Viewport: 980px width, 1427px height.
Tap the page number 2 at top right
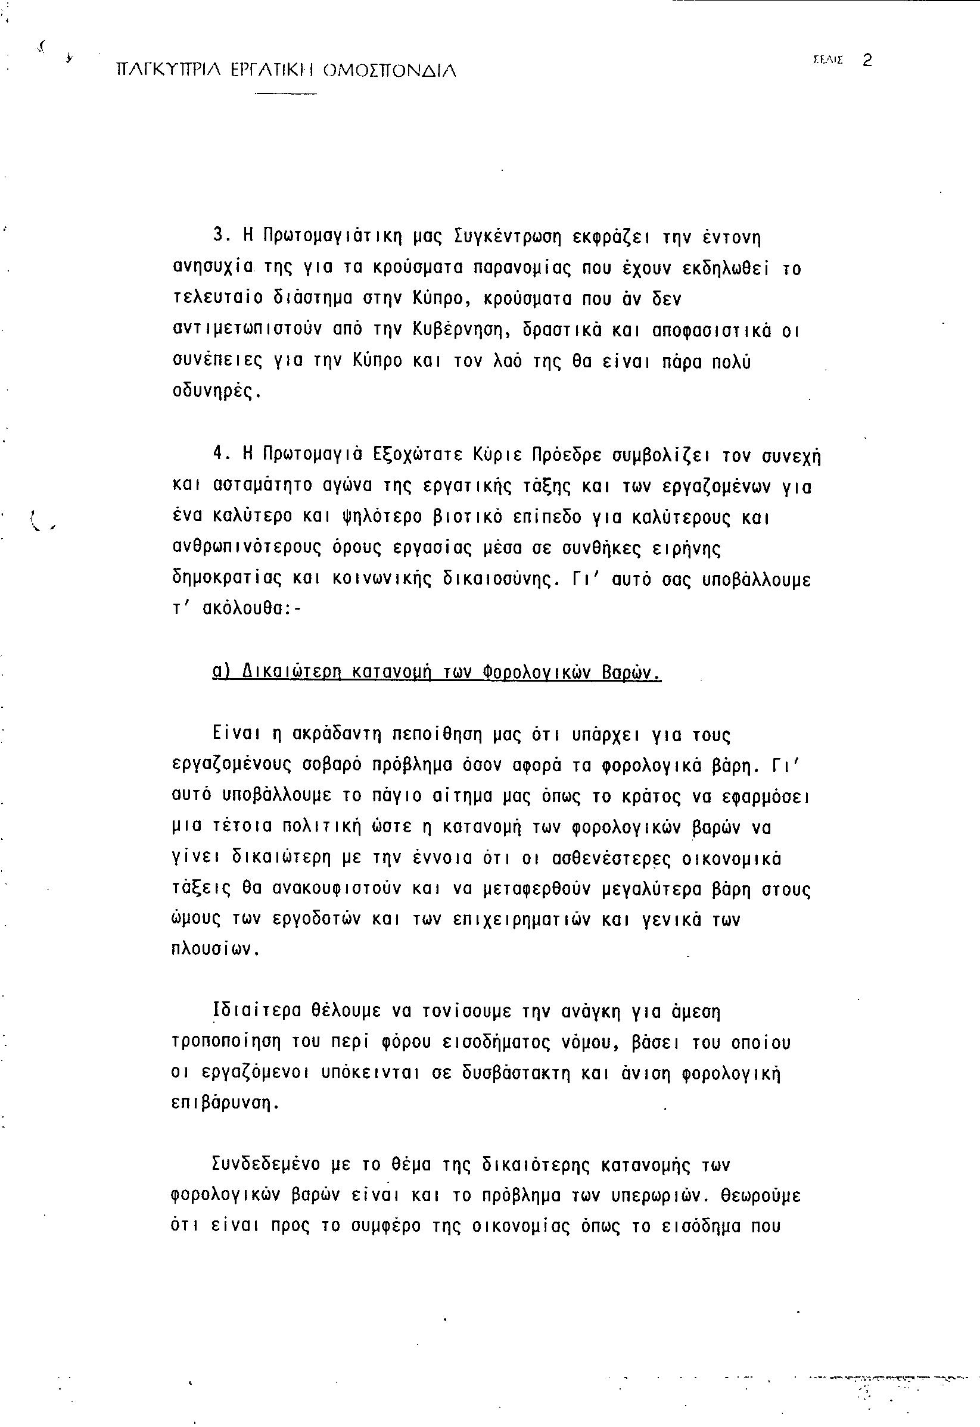[867, 60]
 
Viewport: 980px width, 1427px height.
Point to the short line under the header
[285, 94]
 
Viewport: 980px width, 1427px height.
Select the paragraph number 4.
[217, 455]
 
